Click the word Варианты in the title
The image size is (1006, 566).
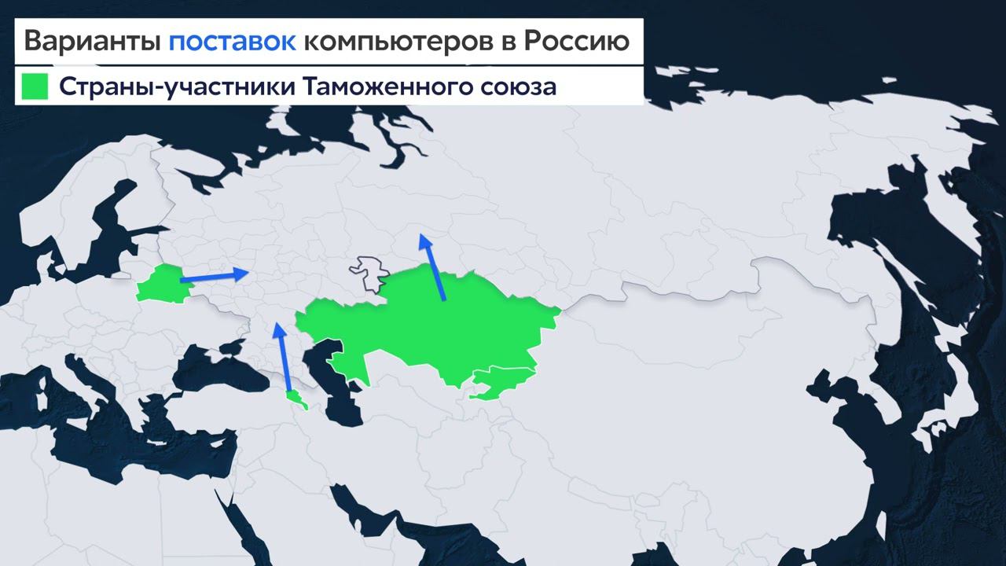(91, 41)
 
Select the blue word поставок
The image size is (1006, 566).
(232, 41)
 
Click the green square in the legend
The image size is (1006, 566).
(35, 86)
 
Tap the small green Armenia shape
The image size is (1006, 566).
(296, 399)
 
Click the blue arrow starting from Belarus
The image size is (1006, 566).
(212, 276)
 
